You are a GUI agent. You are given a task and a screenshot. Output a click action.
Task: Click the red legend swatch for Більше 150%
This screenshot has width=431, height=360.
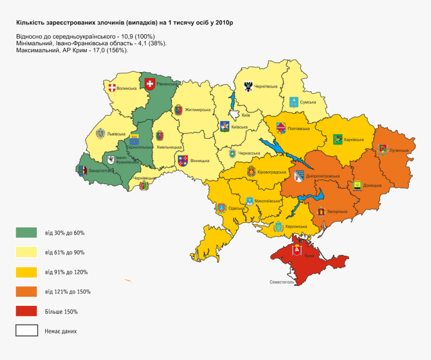pyautogui.click(x=27, y=311)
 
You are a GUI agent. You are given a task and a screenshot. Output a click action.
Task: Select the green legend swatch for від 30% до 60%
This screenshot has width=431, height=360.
pyautogui.click(x=27, y=233)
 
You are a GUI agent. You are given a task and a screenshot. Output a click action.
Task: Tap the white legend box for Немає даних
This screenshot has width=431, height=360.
pyautogui.click(x=27, y=331)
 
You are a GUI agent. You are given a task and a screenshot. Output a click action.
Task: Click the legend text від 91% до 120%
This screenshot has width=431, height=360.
pyautogui.click(x=66, y=272)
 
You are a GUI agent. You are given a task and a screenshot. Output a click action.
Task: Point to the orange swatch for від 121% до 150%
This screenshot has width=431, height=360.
pyautogui.click(x=27, y=292)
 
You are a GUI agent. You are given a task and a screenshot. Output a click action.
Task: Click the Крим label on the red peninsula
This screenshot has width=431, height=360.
pyautogui.click(x=309, y=256)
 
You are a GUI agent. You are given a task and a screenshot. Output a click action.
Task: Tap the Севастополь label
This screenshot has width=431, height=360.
pyautogui.click(x=281, y=282)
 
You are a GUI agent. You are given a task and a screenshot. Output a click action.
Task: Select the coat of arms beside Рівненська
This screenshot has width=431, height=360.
pyautogui.click(x=149, y=84)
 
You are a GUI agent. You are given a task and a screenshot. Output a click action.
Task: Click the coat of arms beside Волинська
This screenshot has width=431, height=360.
pyautogui.click(x=111, y=88)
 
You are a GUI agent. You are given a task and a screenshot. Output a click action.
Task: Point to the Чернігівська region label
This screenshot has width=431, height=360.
pyautogui.click(x=266, y=86)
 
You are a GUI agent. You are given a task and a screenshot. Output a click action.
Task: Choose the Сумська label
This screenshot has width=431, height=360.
pyautogui.click(x=308, y=102)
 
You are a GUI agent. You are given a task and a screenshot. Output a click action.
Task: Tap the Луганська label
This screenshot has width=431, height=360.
pyautogui.click(x=399, y=150)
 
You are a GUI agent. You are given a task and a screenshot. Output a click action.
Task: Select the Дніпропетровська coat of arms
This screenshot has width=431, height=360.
pyautogui.click(x=299, y=175)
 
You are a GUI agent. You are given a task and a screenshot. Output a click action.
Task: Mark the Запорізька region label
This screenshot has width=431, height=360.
pyautogui.click(x=337, y=212)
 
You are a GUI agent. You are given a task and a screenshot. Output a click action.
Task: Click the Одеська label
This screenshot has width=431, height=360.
pyautogui.click(x=236, y=208)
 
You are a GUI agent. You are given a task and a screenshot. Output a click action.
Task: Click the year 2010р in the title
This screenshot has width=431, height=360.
pyautogui.click(x=225, y=23)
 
